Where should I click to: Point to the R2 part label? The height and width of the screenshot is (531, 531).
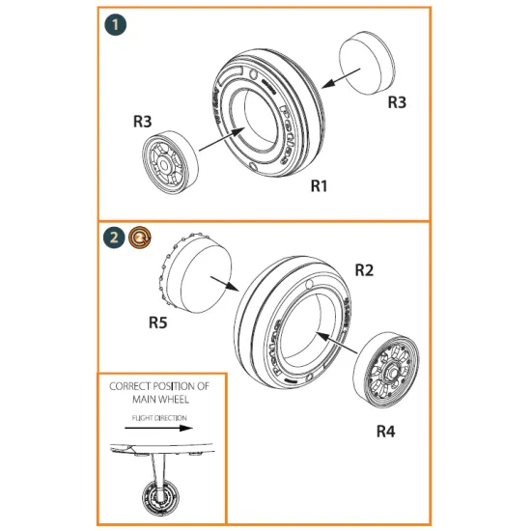tap(364, 271)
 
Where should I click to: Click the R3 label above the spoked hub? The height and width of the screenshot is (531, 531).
tap(141, 122)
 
